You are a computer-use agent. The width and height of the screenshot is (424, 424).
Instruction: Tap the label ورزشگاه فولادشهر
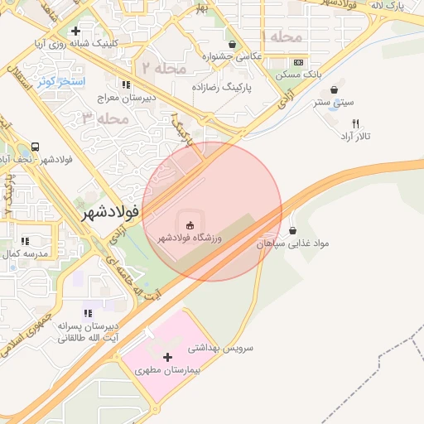pos(190,239)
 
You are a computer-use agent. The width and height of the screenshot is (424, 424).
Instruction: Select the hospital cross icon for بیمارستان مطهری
pos(169,358)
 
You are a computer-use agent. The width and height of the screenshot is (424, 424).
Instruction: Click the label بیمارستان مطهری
pos(169,371)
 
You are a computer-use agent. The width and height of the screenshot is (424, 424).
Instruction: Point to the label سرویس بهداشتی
pos(220,348)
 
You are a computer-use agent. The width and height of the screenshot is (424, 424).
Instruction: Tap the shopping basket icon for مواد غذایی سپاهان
pos(294,230)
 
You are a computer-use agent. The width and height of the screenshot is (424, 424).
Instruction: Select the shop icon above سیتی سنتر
pos(334,90)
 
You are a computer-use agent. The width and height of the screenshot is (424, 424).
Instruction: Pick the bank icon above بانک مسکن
pos(298,62)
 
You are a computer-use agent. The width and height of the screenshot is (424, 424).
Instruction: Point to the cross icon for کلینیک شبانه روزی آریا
pos(75,31)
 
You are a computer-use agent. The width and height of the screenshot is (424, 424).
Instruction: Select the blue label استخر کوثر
pos(61,81)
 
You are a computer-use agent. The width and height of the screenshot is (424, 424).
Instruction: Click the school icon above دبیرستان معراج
pos(125,84)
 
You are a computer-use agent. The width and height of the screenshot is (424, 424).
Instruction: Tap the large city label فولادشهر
pos(109,213)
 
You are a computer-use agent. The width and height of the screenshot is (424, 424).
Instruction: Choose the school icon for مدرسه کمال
pos(24,241)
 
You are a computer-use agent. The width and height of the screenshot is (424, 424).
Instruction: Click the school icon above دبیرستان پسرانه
pos(87,313)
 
